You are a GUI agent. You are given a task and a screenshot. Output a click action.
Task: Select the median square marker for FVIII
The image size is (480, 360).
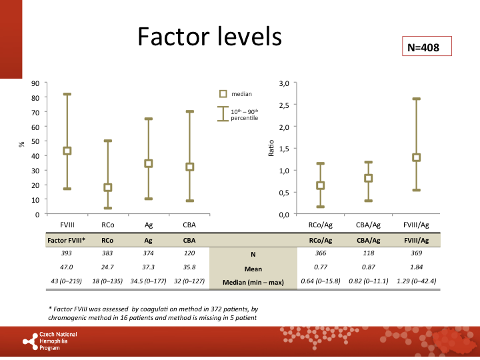point(67,151)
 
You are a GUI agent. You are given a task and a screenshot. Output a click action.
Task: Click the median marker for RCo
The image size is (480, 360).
point(107,187)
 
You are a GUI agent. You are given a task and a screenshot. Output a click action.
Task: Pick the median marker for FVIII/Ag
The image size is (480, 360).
point(416,157)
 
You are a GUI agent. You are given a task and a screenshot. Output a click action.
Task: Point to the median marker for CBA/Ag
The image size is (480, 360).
point(368,178)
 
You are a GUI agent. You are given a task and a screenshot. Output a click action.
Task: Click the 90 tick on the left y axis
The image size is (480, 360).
point(35,83)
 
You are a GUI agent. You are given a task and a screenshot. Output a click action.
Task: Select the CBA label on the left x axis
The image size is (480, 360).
point(189,225)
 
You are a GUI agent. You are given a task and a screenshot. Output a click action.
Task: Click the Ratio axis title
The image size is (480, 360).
point(271,148)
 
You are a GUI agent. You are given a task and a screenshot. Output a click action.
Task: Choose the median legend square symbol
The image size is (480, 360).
point(224,94)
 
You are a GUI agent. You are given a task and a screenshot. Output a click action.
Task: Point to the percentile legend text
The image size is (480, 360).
point(244,114)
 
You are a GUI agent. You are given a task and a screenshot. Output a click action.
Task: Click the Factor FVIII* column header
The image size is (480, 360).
point(66,240)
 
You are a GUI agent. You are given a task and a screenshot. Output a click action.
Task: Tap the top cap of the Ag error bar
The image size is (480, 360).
point(149,119)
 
